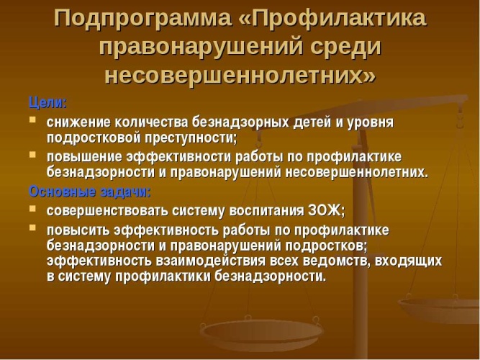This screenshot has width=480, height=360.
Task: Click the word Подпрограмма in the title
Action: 142,19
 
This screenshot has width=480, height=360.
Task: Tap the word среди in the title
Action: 345,47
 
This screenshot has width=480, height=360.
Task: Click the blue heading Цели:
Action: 47,103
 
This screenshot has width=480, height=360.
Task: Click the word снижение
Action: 78,122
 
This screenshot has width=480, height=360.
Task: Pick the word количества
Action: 152,122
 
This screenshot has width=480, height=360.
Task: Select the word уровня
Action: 371,123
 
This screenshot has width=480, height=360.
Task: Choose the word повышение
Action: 84,157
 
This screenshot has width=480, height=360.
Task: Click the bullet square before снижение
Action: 32,120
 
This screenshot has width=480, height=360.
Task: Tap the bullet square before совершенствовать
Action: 32,209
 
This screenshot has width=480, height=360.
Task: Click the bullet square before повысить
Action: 32,228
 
